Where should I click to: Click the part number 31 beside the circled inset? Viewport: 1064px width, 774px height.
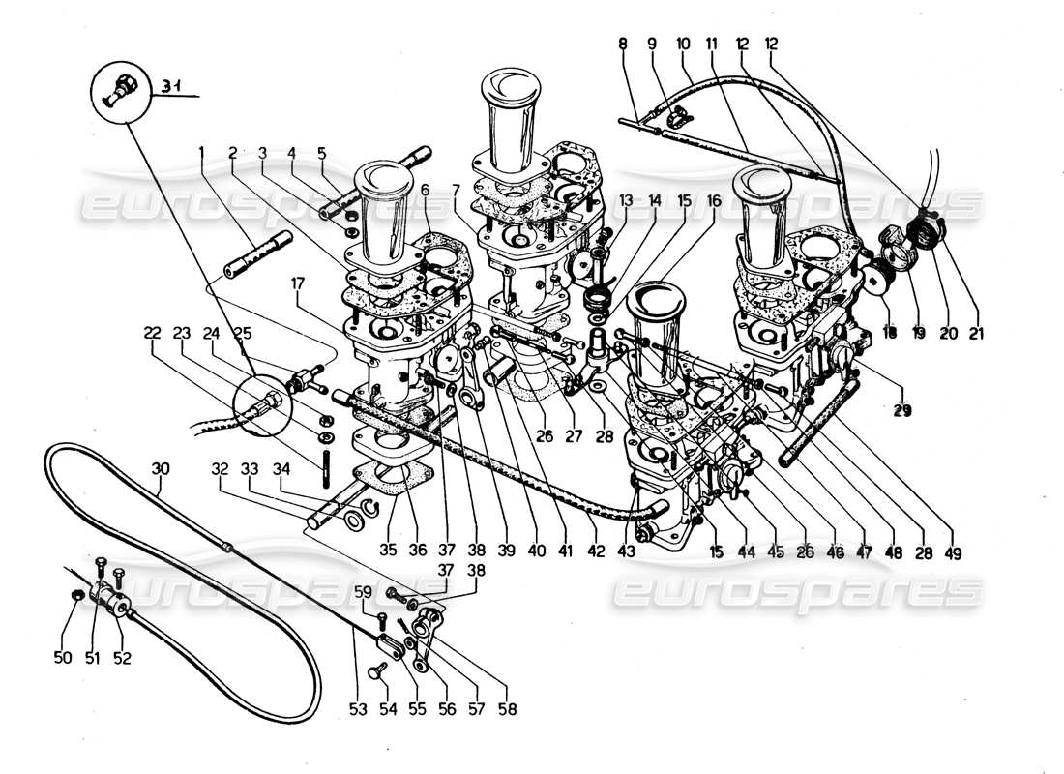171,88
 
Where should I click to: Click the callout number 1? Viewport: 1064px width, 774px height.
202,152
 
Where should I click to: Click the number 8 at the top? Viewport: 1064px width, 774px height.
622,44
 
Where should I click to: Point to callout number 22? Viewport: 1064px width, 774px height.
152,332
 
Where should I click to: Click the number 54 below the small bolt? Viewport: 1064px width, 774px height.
387,708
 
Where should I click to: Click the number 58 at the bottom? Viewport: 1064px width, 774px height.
508,708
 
